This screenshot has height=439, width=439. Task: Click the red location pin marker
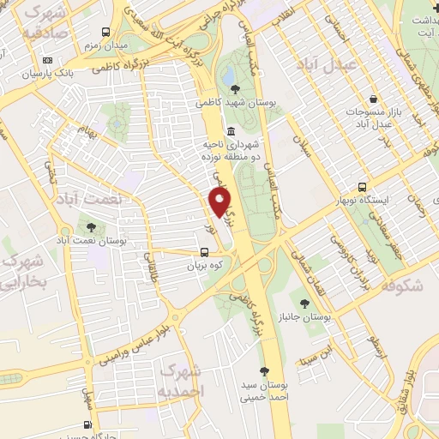click(220, 202)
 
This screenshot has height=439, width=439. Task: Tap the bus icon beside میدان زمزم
click(104, 28)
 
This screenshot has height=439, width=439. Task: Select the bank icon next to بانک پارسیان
click(47, 60)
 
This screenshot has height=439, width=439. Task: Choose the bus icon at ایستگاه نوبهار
click(363, 187)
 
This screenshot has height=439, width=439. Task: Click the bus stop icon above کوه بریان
click(204, 253)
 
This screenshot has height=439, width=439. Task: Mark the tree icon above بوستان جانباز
click(304, 303)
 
